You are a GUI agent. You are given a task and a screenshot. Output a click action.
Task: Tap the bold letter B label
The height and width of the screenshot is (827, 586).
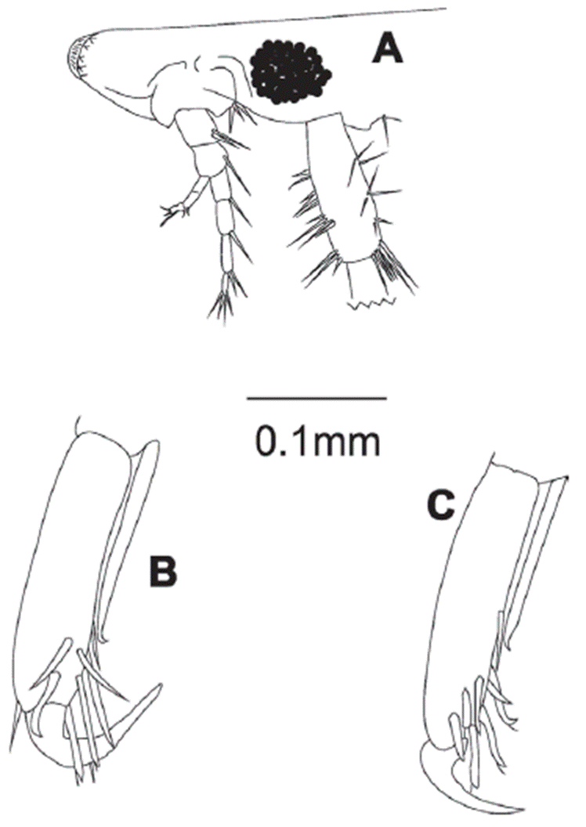point(162,572)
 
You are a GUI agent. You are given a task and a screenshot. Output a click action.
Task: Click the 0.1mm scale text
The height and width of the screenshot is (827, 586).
point(318,442)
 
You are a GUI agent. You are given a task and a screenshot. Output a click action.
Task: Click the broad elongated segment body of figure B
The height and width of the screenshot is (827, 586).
point(69,569)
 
